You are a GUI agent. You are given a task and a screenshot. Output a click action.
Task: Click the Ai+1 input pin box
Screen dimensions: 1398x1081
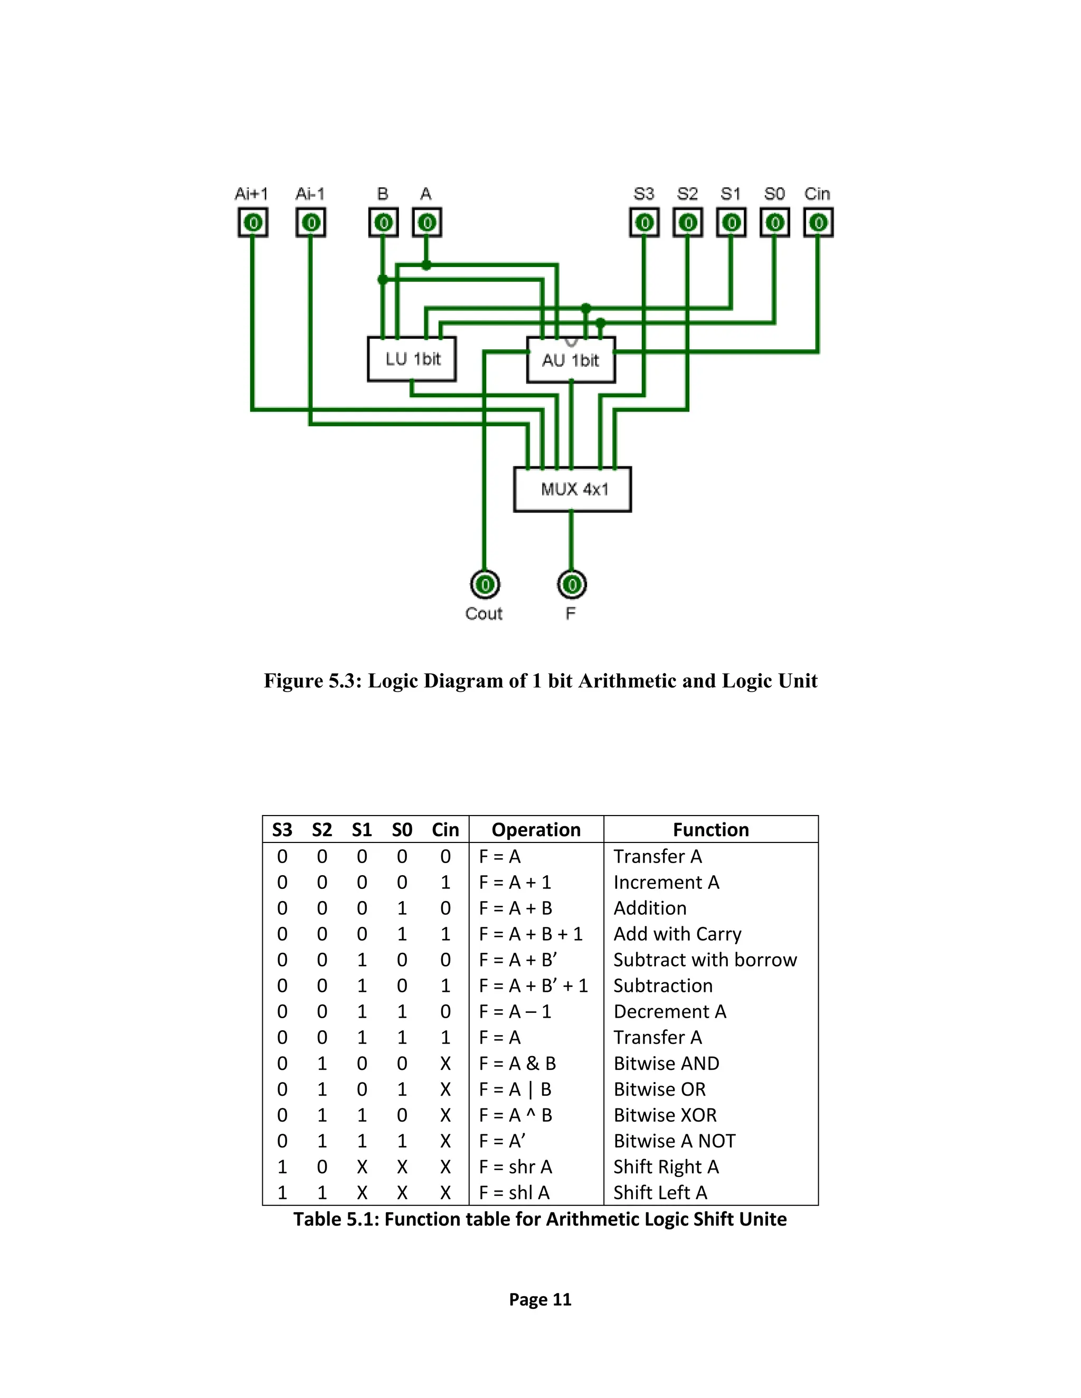[x=253, y=223]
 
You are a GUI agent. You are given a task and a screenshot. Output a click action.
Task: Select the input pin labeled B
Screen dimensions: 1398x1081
[x=383, y=223]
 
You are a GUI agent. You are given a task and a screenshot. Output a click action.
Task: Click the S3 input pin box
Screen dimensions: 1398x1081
[x=644, y=223]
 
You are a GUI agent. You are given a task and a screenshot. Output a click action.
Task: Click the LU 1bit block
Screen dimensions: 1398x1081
[x=412, y=359]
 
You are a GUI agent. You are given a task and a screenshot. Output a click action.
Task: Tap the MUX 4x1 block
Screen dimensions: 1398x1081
[x=573, y=490]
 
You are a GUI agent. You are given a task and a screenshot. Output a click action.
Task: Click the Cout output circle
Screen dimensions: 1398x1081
[x=485, y=585]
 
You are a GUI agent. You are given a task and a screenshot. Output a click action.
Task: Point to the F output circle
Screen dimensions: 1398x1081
[x=572, y=585]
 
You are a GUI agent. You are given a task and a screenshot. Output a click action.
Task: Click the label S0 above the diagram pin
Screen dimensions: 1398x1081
[x=774, y=194]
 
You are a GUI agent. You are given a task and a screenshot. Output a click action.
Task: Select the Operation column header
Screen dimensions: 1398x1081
[x=536, y=830]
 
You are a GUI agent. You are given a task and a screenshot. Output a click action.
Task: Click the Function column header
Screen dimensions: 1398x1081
[x=710, y=830]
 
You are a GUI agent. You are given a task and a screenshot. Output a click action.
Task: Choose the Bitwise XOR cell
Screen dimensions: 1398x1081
[x=665, y=1115]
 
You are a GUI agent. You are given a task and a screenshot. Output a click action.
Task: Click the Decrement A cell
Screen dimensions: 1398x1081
[x=669, y=1011]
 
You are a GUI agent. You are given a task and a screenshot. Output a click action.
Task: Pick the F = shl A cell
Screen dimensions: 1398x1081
[x=514, y=1193]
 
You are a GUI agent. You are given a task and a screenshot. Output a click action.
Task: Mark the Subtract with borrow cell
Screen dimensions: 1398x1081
[x=705, y=960]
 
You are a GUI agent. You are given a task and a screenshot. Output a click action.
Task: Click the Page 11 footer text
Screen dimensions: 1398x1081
[x=540, y=1299]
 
